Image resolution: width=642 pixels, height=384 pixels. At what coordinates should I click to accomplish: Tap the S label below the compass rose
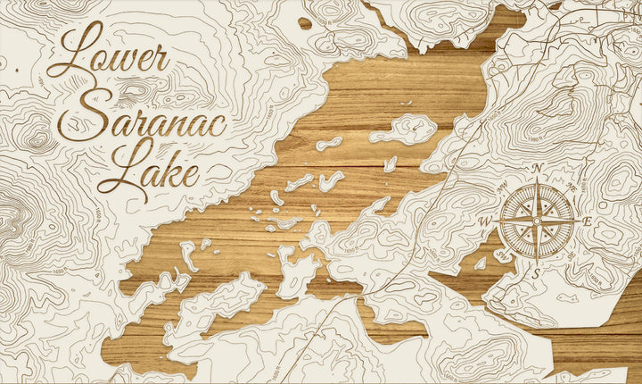point(537,272)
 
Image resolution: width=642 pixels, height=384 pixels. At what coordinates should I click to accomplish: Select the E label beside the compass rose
point(587,221)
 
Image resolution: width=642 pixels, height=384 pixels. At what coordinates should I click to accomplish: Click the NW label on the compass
point(501,186)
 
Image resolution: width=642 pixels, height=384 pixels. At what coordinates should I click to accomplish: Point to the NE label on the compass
point(572,186)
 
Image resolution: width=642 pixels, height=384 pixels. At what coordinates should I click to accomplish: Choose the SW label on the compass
point(501,255)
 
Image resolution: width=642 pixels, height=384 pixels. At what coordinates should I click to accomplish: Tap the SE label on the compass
point(572,256)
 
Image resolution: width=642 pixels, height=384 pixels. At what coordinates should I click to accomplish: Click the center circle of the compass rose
point(537,221)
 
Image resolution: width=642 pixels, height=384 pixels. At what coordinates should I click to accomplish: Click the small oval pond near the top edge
point(305,22)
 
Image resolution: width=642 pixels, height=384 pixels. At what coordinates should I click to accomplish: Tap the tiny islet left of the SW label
point(481,263)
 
